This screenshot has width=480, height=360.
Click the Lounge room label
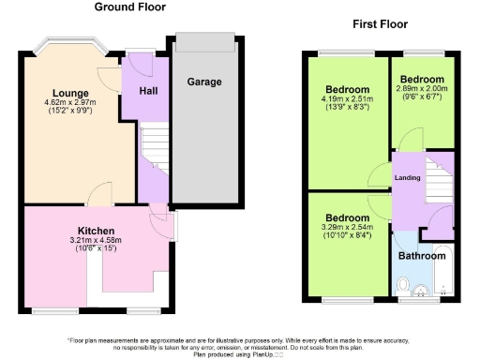click(70, 93)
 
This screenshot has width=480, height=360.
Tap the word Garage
click(203, 82)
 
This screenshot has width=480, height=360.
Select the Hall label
click(148, 91)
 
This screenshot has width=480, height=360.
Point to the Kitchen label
click(96, 231)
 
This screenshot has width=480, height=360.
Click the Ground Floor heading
click(130, 7)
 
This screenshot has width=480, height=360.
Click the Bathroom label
click(420, 254)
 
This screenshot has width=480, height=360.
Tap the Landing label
click(406, 177)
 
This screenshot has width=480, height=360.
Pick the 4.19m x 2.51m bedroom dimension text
click(346, 99)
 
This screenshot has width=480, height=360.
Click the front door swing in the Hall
click(140, 66)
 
